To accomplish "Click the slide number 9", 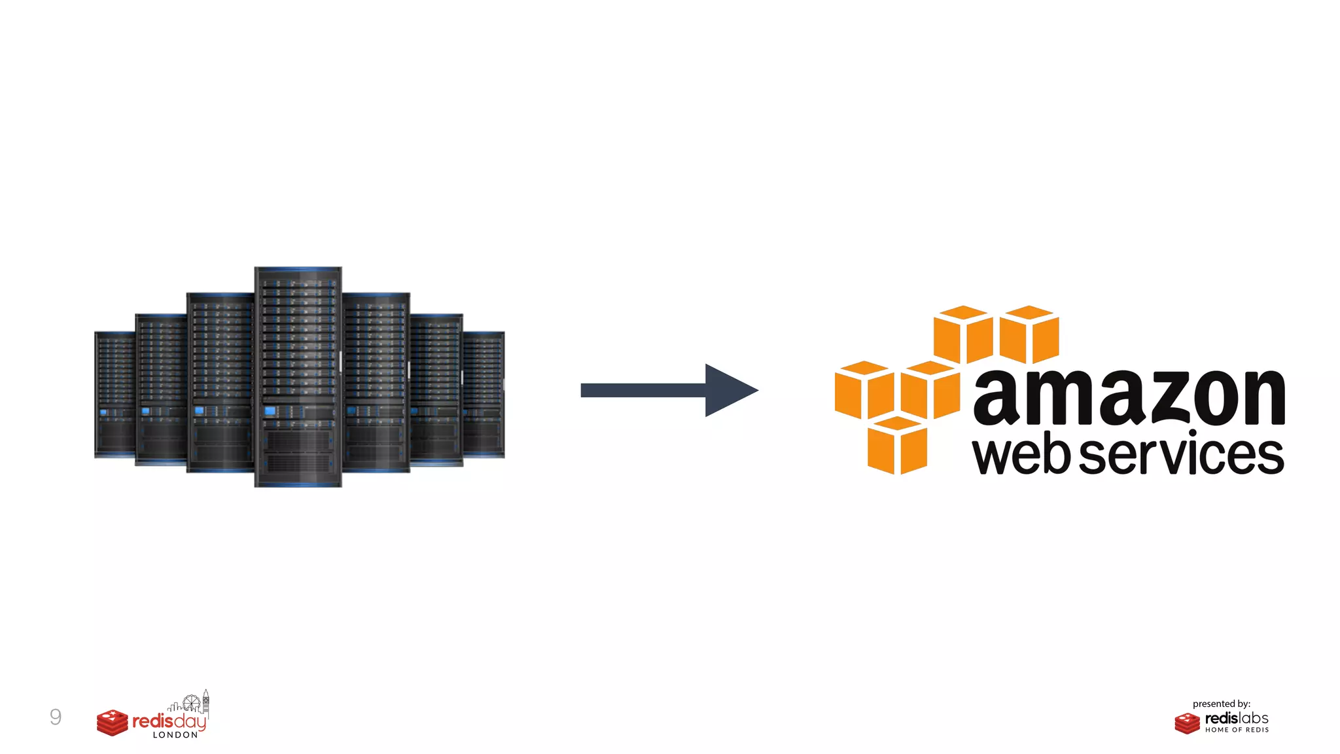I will coord(56,717).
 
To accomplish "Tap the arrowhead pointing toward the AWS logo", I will coord(728,390).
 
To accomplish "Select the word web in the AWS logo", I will coord(1021,454).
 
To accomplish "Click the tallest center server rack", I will coord(298,376).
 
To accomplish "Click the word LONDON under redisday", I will coord(175,735).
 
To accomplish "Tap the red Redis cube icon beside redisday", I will coord(113,723).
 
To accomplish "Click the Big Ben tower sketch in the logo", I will coord(205,702).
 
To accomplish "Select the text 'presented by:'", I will coord(1221,704).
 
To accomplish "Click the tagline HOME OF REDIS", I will coord(1237,730).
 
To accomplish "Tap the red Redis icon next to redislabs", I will coord(1187,723).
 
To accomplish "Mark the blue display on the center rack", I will coord(270,411).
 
